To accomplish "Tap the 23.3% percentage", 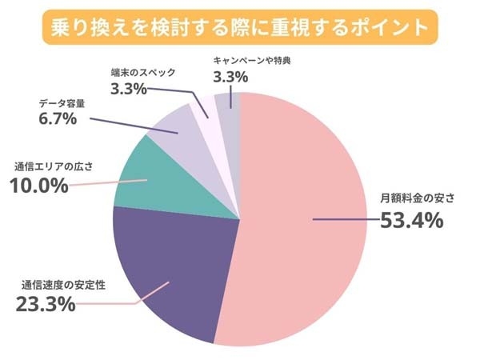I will click(46, 304).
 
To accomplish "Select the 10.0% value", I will click(38, 186).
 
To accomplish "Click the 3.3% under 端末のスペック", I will click(128, 88).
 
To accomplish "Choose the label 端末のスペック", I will click(144, 72).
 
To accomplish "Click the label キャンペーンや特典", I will click(257, 60).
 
